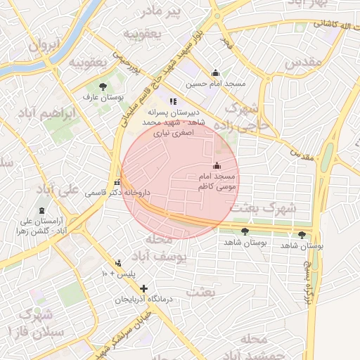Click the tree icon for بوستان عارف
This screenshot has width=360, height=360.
[103, 86]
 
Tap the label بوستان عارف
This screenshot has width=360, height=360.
[103, 97]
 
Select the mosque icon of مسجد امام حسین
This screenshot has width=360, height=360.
[215, 72]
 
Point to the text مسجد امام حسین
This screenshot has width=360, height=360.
[217, 84]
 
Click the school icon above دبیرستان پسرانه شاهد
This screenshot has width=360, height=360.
[173, 101]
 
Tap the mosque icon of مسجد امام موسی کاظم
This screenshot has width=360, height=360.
[215, 166]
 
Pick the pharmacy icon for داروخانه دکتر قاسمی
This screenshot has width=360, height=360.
[117, 182]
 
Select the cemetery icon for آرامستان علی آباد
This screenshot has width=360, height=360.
[41, 210]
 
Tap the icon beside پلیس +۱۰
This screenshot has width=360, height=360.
[118, 262]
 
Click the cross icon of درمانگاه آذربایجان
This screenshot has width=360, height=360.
[144, 288]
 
